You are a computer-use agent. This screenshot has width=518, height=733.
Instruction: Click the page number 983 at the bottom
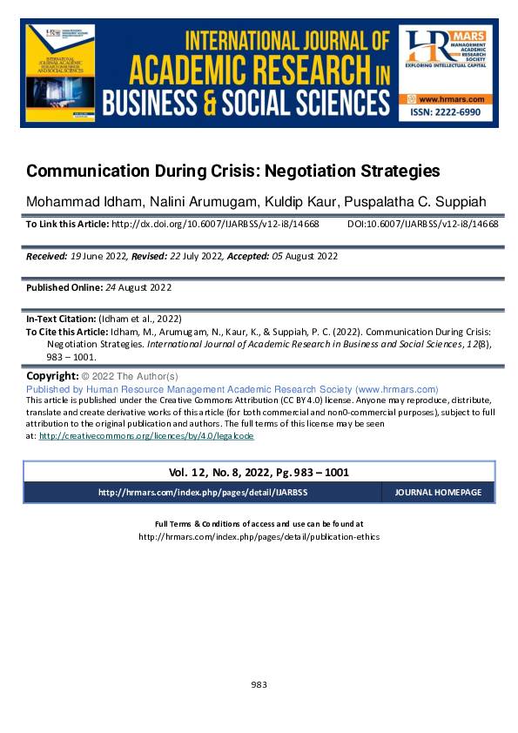(259, 684)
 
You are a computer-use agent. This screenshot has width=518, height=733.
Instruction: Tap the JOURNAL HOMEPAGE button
(438, 493)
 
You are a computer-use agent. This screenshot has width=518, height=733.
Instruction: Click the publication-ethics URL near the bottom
(259, 537)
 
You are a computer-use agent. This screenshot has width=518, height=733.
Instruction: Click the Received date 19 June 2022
(100, 256)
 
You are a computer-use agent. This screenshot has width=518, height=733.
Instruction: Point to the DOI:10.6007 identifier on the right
(422, 224)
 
